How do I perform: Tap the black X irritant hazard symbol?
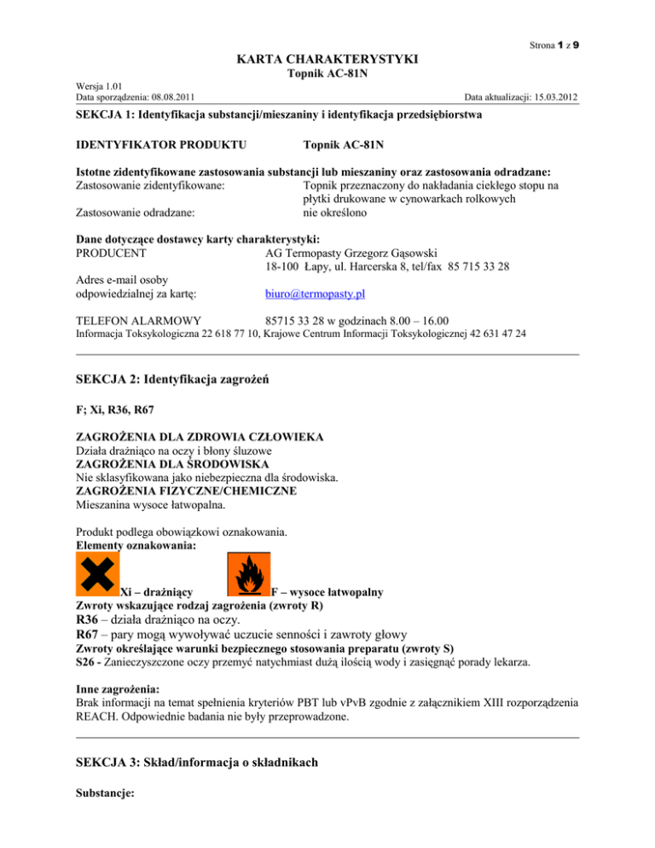96,572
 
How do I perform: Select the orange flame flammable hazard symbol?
248,574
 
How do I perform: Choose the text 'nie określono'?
328,212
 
